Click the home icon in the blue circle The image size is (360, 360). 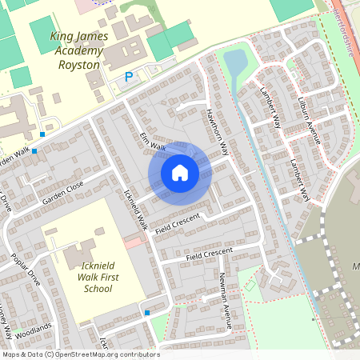(x=180, y=172)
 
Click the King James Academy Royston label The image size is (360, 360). (x=76, y=50)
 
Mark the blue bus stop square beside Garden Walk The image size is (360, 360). (x=42, y=134)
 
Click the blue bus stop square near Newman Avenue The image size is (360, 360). (x=147, y=313)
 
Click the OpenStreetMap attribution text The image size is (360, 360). (x=80, y=354)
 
